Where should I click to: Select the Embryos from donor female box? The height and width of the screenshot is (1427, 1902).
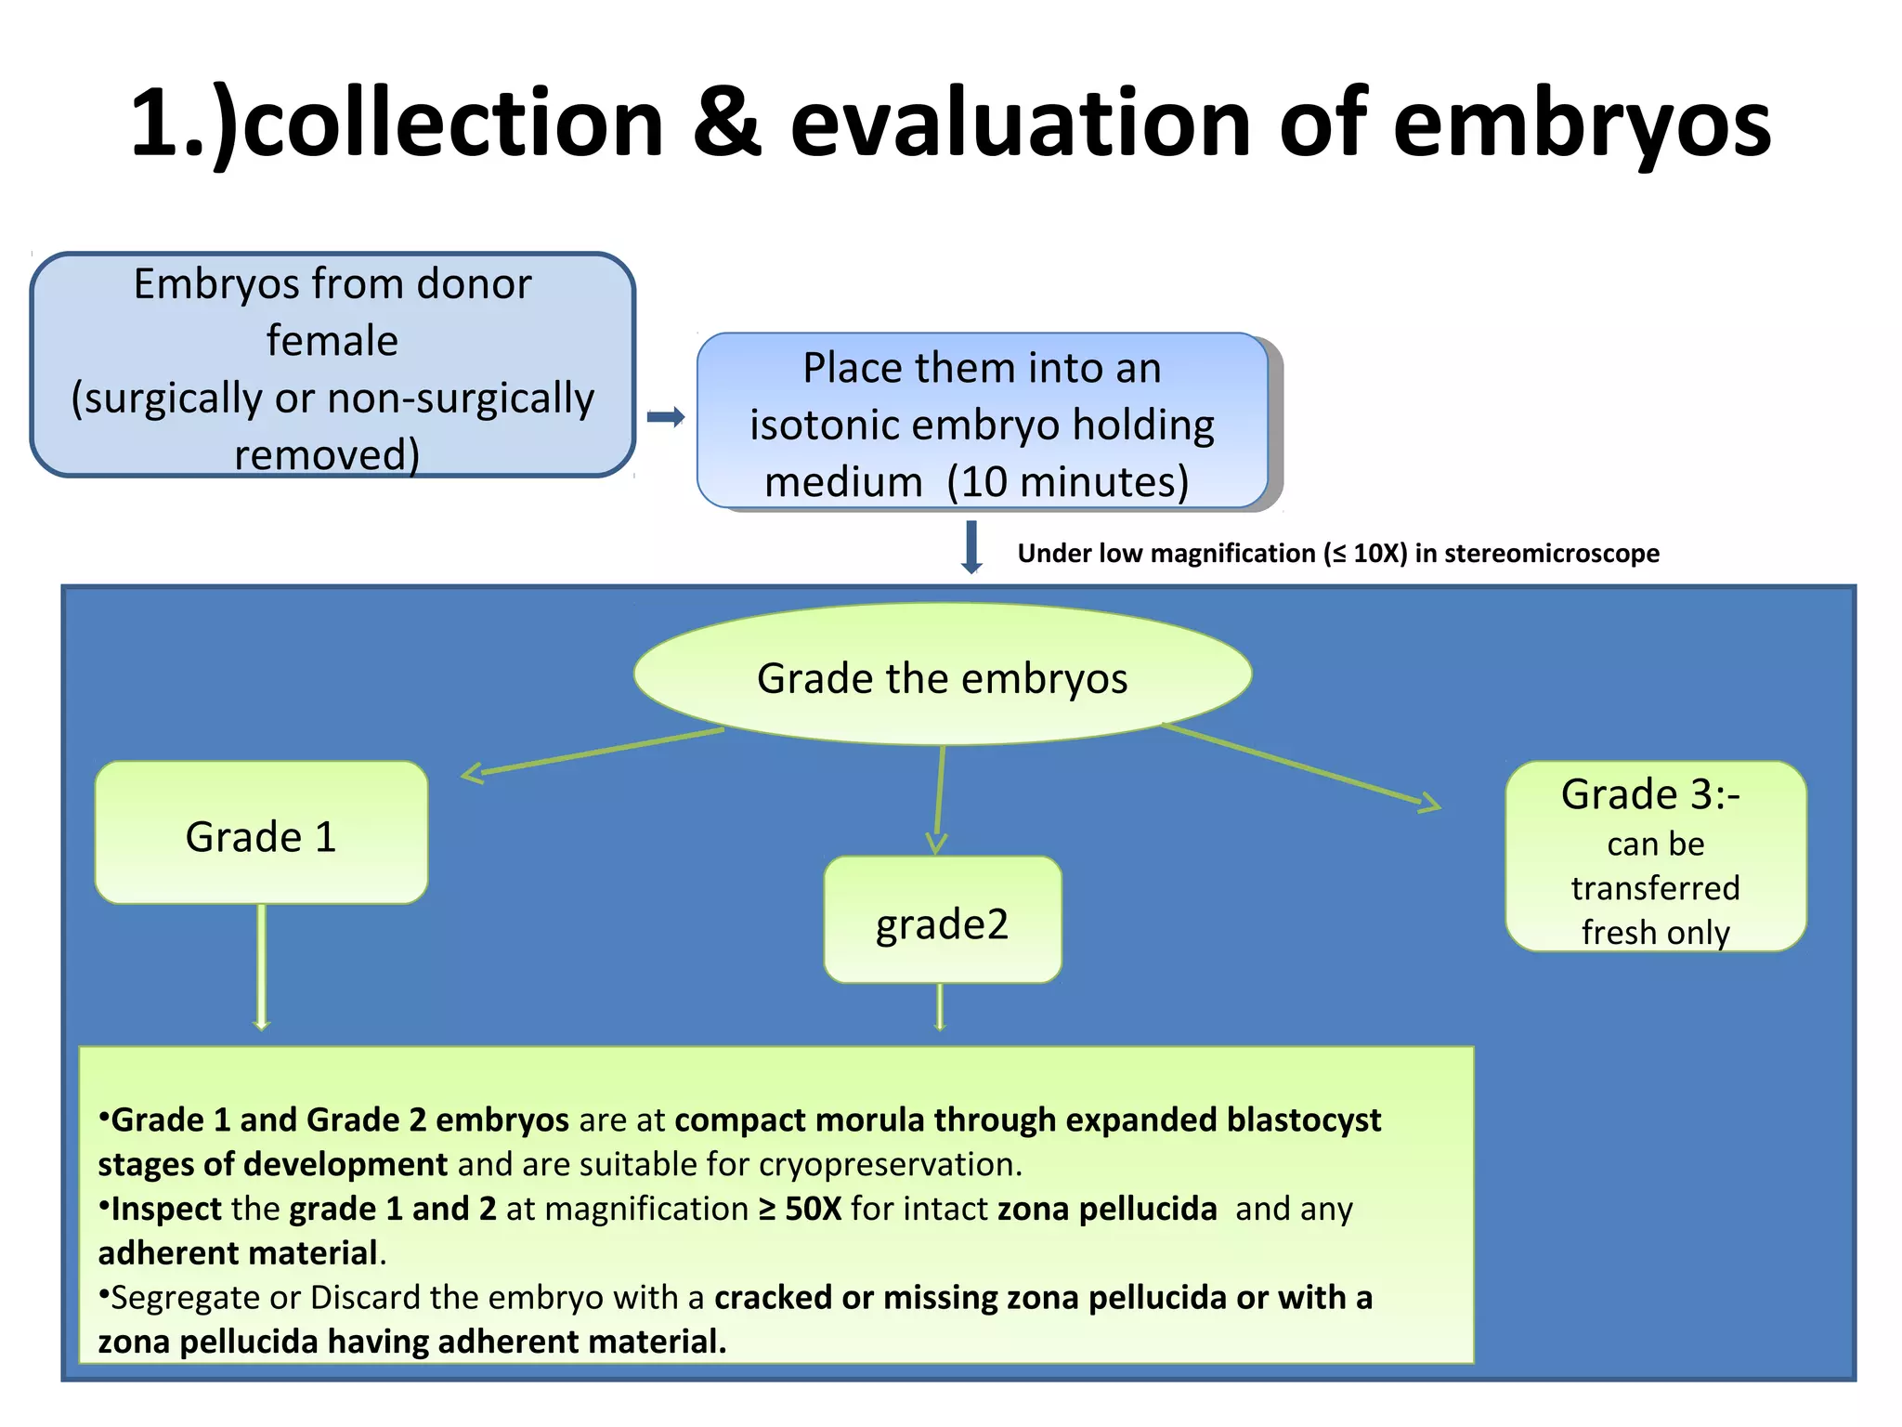click(x=332, y=365)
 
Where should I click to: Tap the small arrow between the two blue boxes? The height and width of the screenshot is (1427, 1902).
click(x=666, y=417)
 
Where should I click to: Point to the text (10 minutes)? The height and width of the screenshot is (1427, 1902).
click(x=1068, y=482)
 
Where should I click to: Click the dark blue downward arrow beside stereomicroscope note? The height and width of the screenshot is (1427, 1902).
click(x=971, y=547)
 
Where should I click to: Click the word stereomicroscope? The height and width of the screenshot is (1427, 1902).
click(x=1551, y=554)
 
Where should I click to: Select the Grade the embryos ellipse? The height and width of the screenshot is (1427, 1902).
click(x=942, y=676)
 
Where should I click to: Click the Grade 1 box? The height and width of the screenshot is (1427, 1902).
click(x=261, y=834)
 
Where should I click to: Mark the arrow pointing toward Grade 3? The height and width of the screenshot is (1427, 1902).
click(x=1300, y=766)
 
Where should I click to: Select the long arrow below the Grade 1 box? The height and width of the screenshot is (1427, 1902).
click(x=262, y=966)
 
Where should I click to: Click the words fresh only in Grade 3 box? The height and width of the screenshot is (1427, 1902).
click(x=1655, y=933)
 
